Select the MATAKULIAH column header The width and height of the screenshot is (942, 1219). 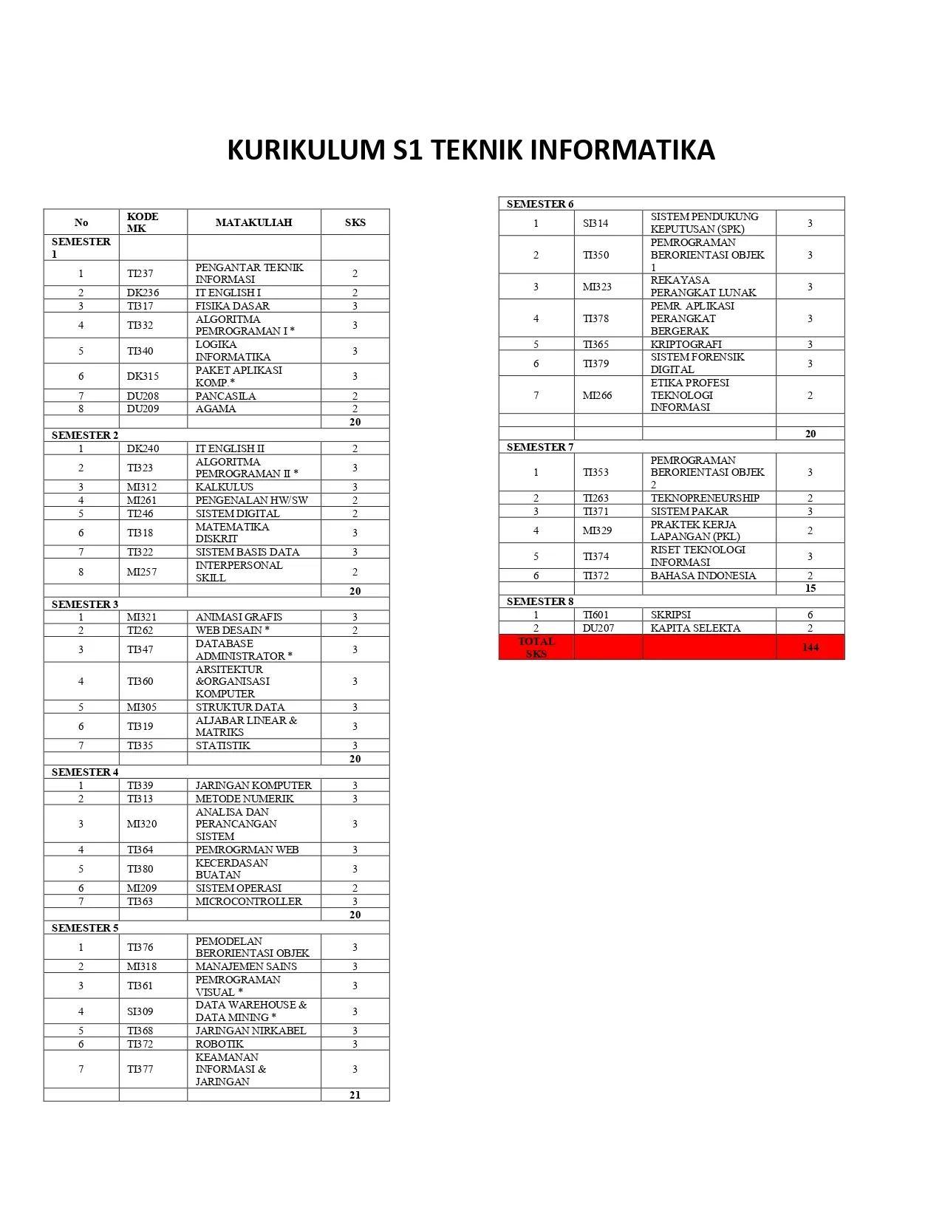253,222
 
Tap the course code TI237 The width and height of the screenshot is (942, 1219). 140,273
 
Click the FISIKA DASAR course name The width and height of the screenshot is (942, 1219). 232,306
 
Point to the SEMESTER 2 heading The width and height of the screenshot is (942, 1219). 85,435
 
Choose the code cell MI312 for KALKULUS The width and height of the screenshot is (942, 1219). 141,487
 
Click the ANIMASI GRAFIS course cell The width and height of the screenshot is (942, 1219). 239,617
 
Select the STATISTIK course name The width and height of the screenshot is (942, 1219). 222,745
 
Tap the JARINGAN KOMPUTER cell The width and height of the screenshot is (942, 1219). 253,785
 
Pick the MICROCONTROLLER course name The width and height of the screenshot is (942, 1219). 248,901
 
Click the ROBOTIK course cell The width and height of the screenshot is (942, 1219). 219,1044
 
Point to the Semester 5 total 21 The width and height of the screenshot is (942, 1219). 355,1095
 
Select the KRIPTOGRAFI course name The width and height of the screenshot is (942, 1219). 686,344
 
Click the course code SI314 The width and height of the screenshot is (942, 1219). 595,223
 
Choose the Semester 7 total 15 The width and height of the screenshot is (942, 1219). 810,588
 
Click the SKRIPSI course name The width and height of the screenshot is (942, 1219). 670,615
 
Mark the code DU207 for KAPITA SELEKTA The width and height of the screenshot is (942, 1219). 598,628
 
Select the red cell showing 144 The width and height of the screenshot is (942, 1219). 810,647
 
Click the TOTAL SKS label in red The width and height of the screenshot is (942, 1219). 536,647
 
